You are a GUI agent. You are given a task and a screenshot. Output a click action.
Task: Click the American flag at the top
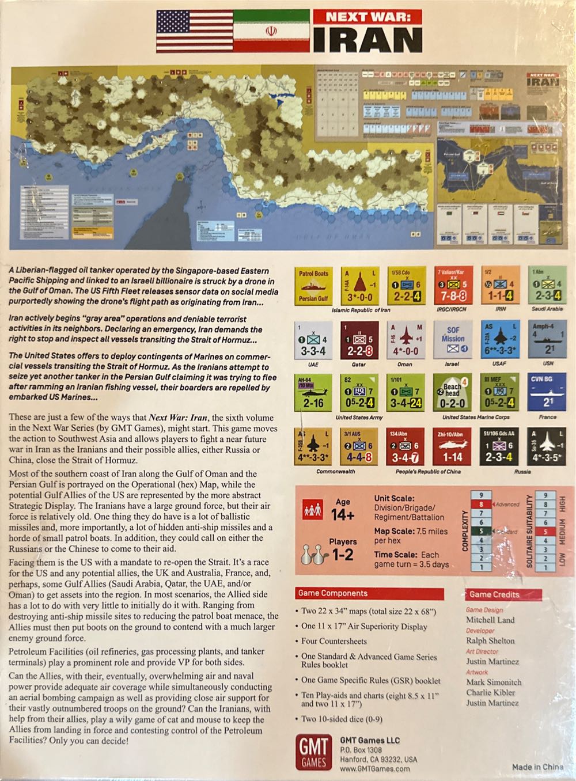pos(195,31)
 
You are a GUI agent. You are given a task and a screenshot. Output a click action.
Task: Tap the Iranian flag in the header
pos(271,31)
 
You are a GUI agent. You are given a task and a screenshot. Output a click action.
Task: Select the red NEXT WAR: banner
pos(368,17)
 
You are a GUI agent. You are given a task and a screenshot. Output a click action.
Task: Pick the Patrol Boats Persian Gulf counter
pos(313,285)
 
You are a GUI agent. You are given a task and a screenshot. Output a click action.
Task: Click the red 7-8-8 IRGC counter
pos(452,285)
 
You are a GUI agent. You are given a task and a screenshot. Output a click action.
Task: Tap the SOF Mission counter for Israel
pos(452,339)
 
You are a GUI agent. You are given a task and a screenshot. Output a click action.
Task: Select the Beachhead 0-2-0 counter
pos(452,392)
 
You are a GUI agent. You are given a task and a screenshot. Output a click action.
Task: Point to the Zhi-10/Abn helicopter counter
pos(452,447)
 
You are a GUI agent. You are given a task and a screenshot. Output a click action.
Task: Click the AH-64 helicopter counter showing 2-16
pos(313,392)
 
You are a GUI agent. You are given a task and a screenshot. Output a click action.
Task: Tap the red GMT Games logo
pos(313,752)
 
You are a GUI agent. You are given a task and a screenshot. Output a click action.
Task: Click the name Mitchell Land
pos(490,620)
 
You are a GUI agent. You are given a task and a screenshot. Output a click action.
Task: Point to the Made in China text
pos(538,767)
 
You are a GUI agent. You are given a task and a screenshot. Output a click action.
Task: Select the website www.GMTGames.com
pos(375,768)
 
